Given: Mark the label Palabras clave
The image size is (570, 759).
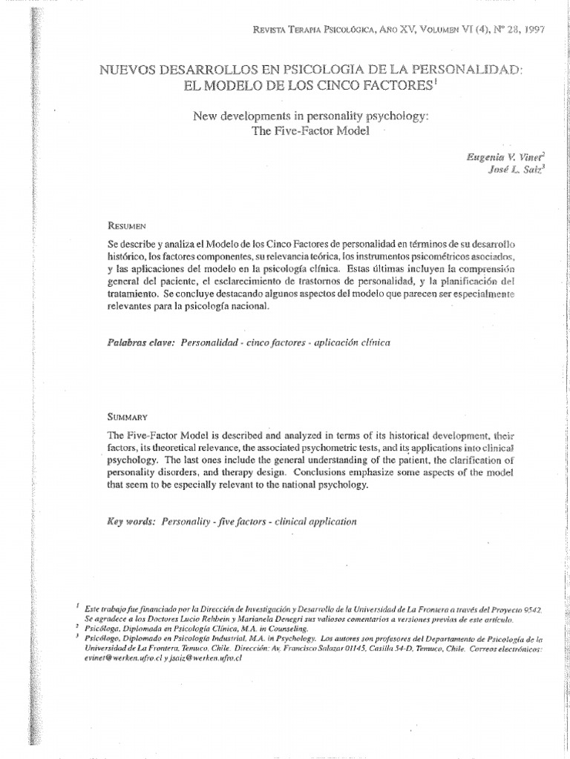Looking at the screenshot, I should [137, 343].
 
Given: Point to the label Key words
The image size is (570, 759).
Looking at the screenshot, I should [131, 521].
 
